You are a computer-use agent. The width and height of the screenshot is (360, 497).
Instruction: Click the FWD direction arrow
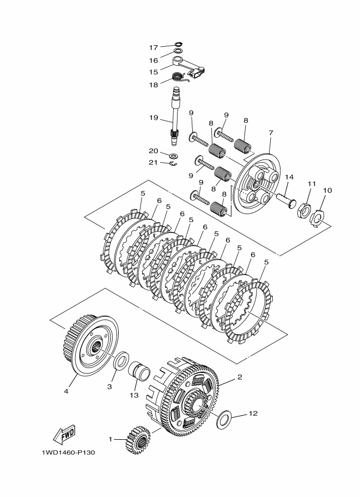click(64, 434)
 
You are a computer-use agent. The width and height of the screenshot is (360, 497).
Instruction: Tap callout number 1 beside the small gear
click(110, 439)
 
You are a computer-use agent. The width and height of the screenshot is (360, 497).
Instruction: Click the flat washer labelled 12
click(224, 420)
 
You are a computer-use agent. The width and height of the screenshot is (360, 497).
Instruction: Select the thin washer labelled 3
click(121, 359)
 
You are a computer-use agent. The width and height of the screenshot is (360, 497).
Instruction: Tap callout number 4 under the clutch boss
click(66, 390)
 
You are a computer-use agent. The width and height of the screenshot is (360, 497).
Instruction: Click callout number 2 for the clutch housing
click(239, 377)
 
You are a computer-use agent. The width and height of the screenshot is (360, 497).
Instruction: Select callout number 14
click(289, 177)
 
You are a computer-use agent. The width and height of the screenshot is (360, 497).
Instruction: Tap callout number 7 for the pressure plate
click(270, 133)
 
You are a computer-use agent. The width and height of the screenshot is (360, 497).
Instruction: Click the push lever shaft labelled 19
click(176, 116)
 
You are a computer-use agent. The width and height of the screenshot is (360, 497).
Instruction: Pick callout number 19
click(154, 118)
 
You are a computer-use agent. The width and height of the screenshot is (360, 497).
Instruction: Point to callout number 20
click(154, 151)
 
